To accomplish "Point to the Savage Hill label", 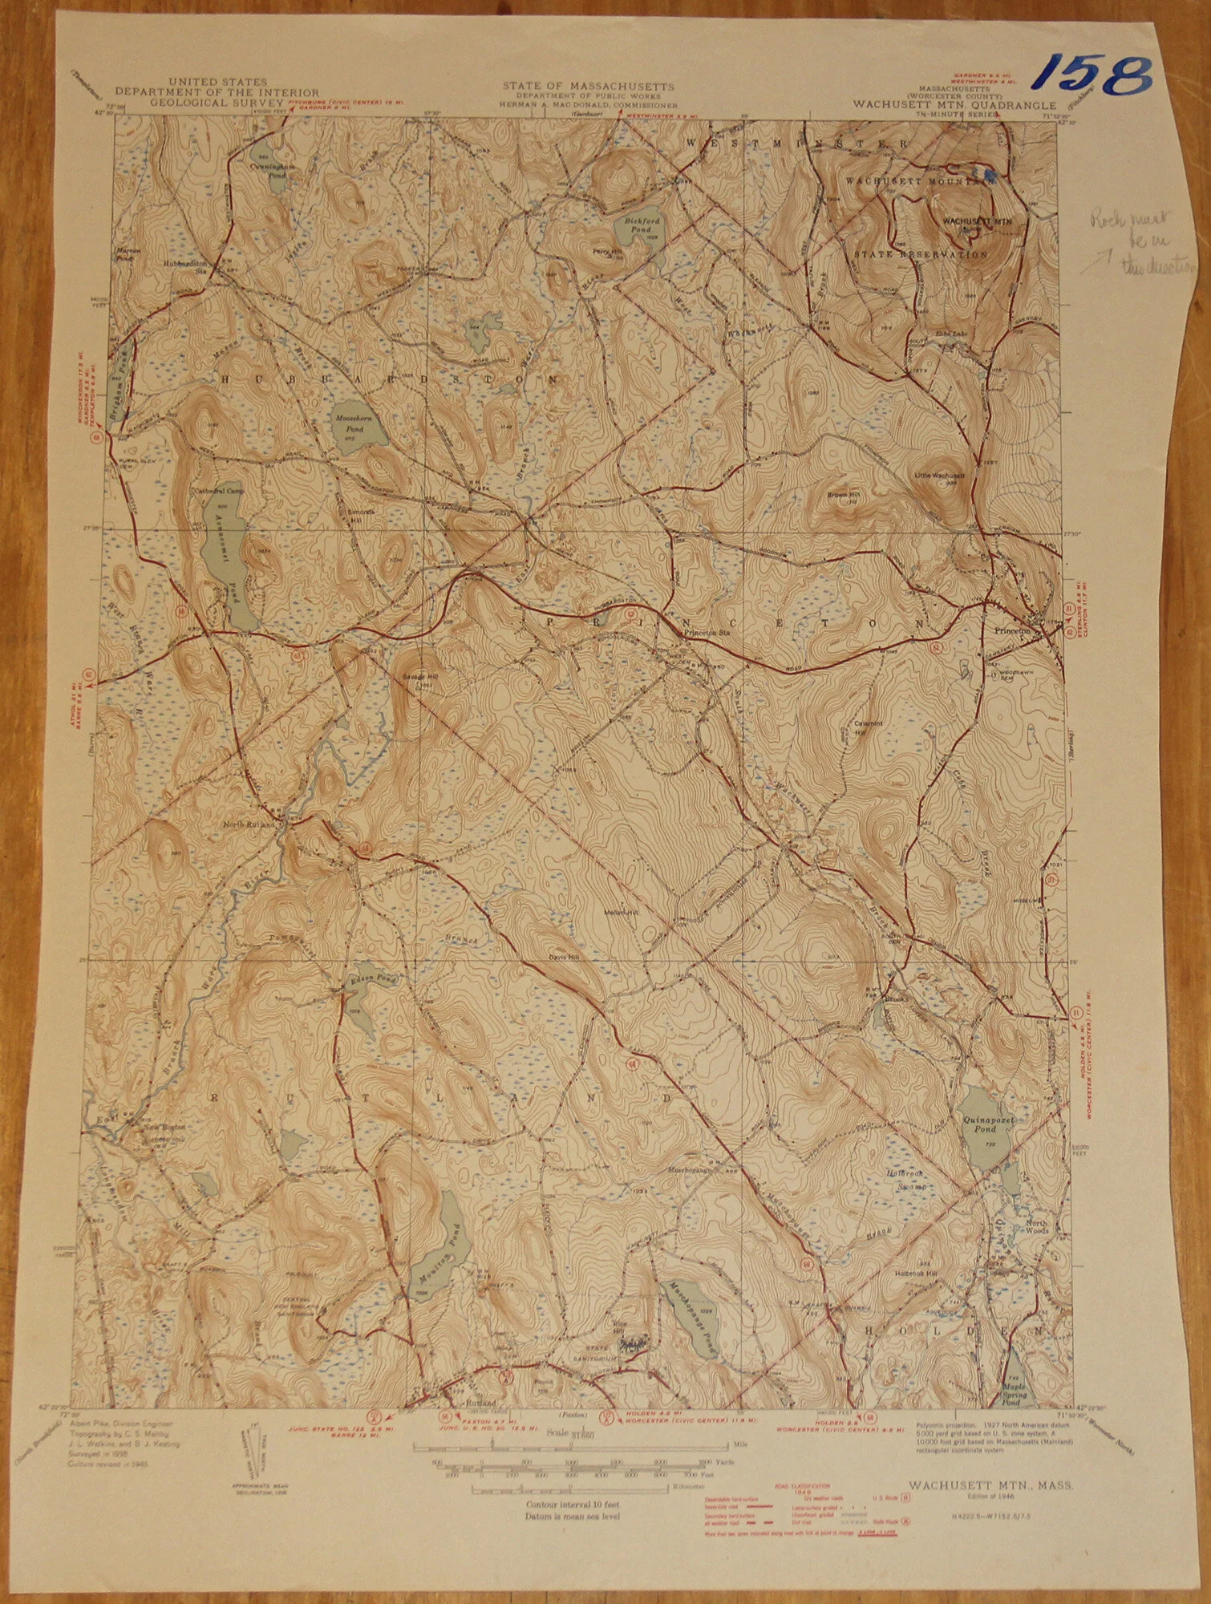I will pos(418,674).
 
